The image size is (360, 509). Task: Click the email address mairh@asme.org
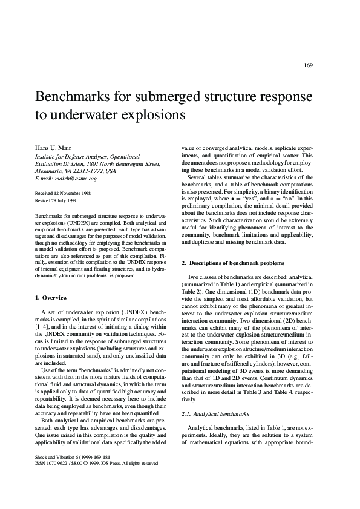coord(74,179)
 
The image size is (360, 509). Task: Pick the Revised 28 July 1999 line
coord(54,200)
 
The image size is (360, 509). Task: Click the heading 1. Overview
coord(51,297)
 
